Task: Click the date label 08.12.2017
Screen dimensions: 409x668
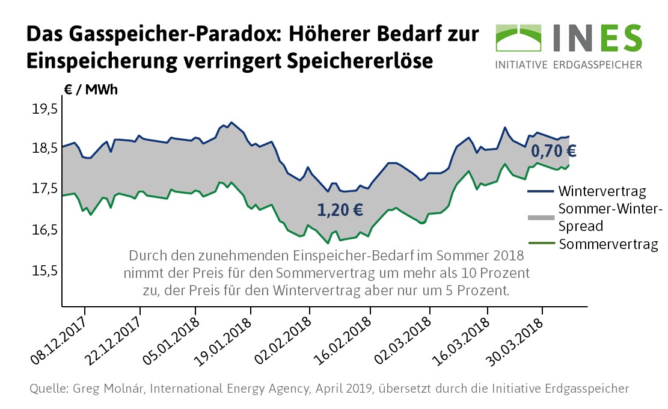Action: pos(58,340)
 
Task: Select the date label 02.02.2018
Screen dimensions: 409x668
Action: pos(282,340)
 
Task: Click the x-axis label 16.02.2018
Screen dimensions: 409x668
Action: pos(342,340)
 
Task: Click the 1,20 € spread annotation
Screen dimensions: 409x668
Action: pos(340,210)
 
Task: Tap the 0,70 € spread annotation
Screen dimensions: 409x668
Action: pos(554,150)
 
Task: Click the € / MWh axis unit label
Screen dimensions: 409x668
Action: pos(91,90)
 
